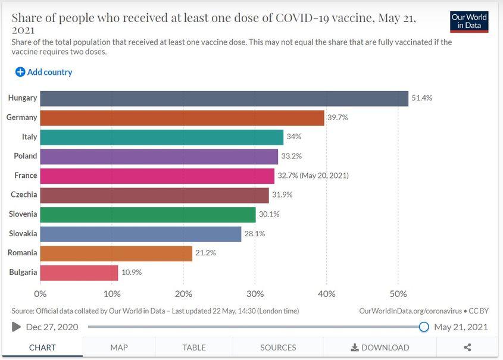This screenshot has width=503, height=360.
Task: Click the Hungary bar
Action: [224, 98]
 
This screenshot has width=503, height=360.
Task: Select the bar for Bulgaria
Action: [79, 273]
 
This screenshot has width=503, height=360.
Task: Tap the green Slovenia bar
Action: [148, 214]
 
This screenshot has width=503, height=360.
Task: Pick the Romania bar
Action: [116, 253]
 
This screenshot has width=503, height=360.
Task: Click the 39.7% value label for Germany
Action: [338, 118]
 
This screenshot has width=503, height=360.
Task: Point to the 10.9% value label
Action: [132, 273]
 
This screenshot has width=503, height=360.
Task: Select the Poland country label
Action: [26, 156]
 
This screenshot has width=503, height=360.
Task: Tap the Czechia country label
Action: [24, 195]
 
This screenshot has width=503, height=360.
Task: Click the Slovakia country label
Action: [23, 233]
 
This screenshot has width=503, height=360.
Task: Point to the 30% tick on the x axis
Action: [255, 294]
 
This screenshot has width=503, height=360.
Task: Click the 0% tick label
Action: [40, 294]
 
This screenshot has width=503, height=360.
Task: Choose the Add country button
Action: [44, 72]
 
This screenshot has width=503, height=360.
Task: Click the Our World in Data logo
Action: [469, 21]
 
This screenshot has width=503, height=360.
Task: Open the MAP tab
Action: [119, 348]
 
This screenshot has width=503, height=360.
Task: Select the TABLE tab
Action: [194, 348]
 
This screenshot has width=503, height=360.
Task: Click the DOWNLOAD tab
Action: [380, 348]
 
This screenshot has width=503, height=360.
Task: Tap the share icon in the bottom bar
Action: [467, 348]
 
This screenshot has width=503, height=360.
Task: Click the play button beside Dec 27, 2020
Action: [16, 327]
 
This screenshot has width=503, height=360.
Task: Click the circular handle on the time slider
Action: [424, 327]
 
